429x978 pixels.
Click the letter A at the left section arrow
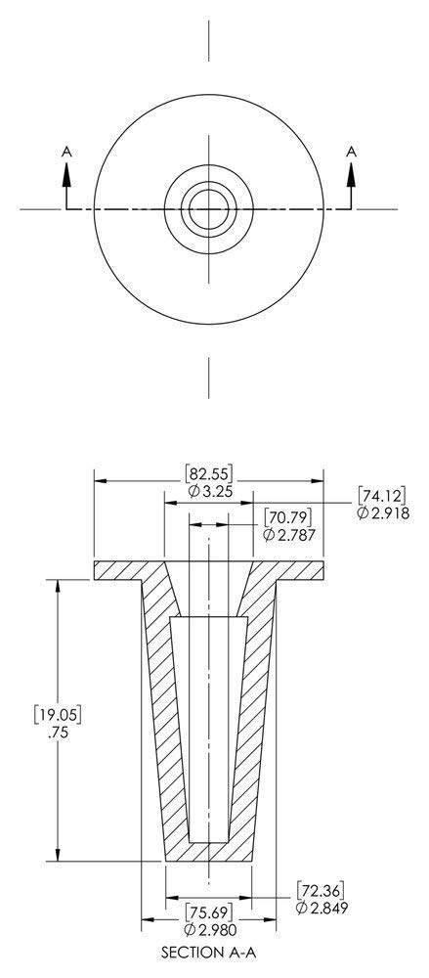tap(66, 151)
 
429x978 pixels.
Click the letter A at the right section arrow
tap(350, 151)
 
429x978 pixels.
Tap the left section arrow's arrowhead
tap(66, 171)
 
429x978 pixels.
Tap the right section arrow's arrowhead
tap(350, 171)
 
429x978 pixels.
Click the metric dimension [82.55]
tap(208, 474)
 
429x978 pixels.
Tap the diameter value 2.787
tap(290, 533)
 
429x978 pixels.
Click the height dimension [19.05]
tap(58, 714)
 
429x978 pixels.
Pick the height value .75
tap(58, 732)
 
